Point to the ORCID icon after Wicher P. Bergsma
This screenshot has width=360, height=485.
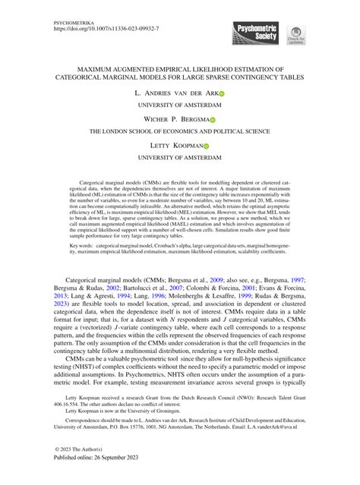pos(213,120)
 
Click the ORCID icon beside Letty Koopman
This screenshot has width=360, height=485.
pos(205,146)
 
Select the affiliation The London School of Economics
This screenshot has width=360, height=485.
pos(179,132)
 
